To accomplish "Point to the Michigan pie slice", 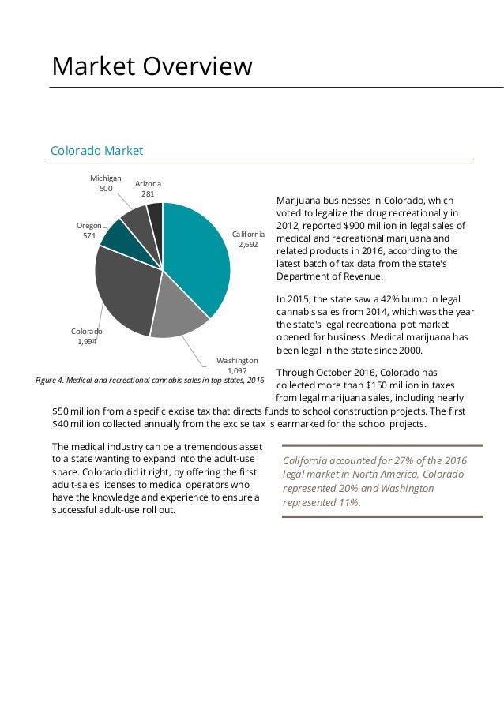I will coord(136,220).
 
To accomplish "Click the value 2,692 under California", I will coord(248,244).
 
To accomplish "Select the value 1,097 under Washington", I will coord(237,370).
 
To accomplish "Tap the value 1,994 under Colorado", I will coord(87,341).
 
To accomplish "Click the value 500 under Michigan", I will coord(105,189).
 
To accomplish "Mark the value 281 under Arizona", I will coord(148,193).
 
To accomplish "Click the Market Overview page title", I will coord(152,66).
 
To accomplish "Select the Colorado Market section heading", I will coord(96,150).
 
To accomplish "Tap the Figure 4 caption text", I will coord(150,381).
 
